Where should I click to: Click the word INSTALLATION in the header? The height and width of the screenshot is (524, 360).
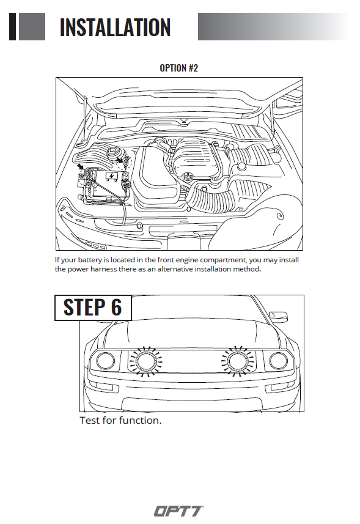(x=115, y=27)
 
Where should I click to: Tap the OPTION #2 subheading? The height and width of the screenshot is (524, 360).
(x=178, y=68)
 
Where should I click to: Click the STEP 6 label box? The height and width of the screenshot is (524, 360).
(x=93, y=308)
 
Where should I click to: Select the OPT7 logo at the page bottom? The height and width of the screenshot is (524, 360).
(x=179, y=511)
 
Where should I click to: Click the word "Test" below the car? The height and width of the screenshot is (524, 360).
(x=90, y=420)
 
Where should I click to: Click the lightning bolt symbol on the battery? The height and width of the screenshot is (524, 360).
(x=111, y=176)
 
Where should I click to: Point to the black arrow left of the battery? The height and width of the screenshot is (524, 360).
(x=81, y=166)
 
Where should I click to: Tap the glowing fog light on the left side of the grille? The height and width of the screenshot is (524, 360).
(x=145, y=361)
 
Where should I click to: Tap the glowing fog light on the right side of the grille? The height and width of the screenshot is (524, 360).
(x=238, y=360)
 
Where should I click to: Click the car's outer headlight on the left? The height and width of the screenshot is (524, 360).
(x=106, y=361)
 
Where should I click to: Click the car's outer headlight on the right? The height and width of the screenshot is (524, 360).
(x=278, y=360)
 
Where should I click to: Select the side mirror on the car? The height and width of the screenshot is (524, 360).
(x=278, y=316)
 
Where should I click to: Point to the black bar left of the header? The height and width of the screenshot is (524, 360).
(x=12, y=27)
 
